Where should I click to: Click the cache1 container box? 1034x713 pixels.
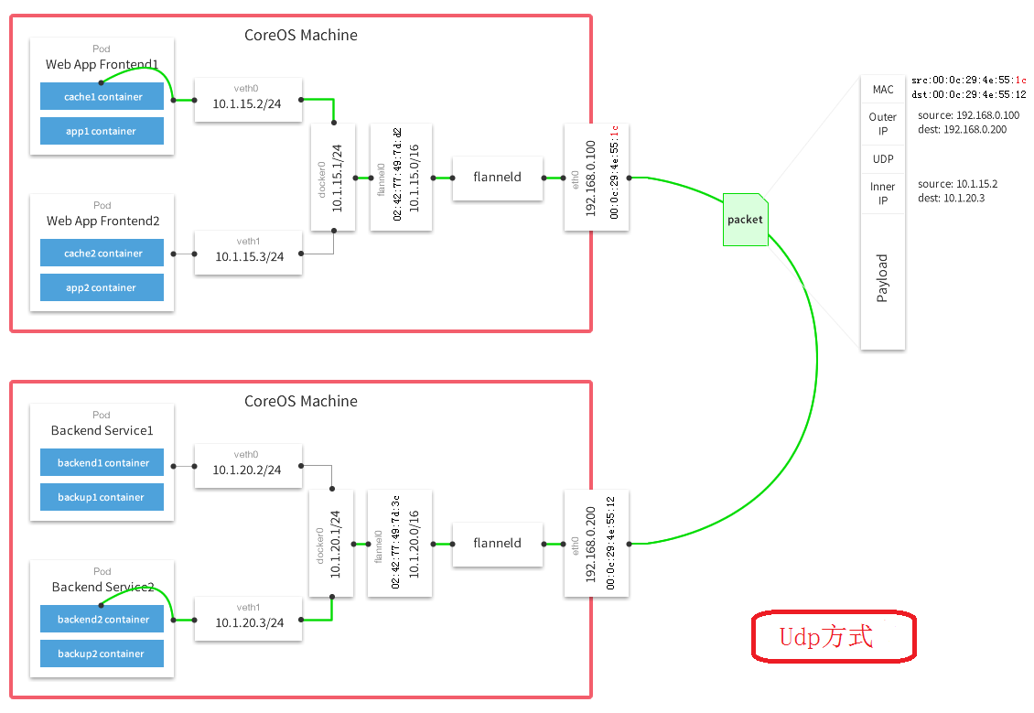click(102, 96)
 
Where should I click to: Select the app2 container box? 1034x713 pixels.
click(102, 287)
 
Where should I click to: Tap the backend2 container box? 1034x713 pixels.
click(102, 620)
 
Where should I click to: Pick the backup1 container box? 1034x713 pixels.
click(102, 497)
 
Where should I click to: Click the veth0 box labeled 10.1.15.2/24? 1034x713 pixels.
click(247, 98)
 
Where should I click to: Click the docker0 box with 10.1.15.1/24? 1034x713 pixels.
click(332, 177)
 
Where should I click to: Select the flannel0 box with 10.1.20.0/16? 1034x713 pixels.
click(399, 543)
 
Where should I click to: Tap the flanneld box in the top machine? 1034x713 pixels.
click(497, 177)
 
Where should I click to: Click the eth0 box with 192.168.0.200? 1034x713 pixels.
click(597, 543)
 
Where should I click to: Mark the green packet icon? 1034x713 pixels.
click(744, 220)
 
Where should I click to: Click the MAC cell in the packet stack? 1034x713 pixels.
click(883, 90)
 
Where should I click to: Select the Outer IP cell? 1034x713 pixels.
click(883, 124)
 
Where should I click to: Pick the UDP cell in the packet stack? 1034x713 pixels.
click(883, 158)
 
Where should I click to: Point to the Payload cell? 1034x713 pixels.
click(883, 279)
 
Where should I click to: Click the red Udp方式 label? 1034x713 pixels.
click(833, 637)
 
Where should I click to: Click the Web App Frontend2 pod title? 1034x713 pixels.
click(102, 221)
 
